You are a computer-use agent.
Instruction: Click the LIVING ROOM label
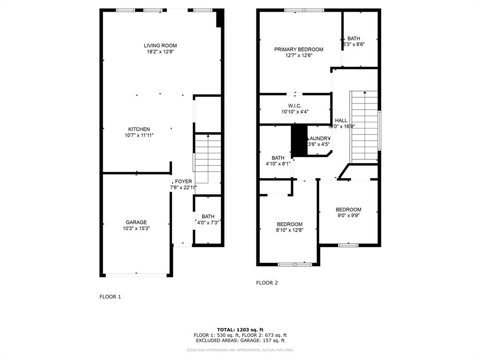pos(160,45)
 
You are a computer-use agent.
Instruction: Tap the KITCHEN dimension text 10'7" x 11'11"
pos(139,135)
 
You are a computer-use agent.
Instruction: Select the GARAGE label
pos(136,222)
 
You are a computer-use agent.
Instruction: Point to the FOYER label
pos(183,181)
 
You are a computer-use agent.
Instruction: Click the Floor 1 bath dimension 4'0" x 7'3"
pos(208,223)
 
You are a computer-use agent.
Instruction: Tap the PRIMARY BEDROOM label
pos(299,49)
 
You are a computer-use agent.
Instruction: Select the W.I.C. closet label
pos(294,105)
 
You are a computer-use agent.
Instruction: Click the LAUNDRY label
pos(319,138)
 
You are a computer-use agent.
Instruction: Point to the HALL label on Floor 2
pos(341,120)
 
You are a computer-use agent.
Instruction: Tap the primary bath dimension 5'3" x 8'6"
pos(354,45)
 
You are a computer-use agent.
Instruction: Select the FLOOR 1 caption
pos(110,297)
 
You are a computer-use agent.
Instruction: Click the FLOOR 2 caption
pos(267,283)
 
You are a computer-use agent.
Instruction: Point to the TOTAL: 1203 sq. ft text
pos(240,330)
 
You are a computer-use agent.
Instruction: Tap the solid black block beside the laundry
pos(298,140)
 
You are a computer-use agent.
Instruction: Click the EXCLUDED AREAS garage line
pos(240,341)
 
